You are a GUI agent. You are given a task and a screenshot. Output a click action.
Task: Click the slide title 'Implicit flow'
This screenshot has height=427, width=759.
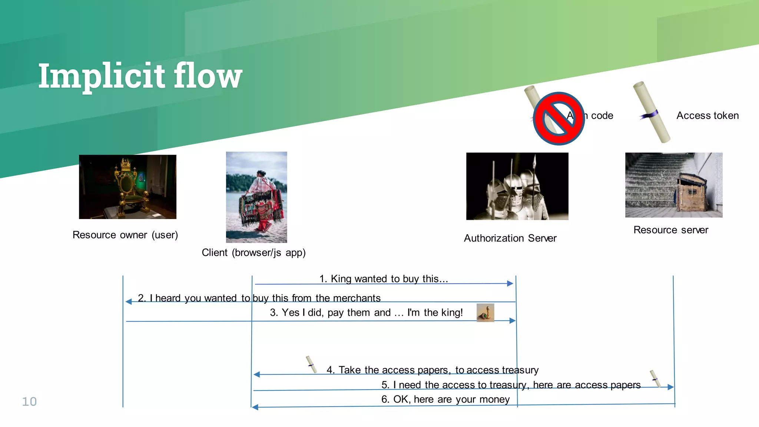pos(140,76)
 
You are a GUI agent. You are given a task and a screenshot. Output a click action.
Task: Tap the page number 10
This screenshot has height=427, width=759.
pos(29,401)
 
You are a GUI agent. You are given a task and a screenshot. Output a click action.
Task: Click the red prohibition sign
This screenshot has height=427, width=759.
pos(559,119)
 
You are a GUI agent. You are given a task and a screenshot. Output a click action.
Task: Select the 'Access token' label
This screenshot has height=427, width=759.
pos(707,116)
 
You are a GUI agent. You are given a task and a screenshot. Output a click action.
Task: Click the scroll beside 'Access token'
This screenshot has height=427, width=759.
pos(652,113)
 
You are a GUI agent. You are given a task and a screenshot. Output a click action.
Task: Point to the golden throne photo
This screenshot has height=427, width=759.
pos(127,187)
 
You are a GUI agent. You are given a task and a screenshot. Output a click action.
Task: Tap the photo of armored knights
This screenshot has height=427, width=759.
pos(517,186)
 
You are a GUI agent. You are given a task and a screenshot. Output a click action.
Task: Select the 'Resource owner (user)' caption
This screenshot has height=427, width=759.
pos(125,235)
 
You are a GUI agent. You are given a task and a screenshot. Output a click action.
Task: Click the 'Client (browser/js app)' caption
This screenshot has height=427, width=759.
pos(253,253)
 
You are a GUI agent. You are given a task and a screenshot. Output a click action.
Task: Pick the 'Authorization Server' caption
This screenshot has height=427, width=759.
pos(510,238)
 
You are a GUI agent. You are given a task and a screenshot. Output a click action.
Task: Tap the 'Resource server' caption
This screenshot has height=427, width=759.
pos(671,230)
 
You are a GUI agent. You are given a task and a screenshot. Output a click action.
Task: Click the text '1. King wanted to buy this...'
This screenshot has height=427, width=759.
pos(384,279)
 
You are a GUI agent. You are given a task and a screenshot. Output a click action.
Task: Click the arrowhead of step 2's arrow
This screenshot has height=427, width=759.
pos(129,302)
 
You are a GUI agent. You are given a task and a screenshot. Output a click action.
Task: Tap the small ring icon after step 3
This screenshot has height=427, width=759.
pos(485,313)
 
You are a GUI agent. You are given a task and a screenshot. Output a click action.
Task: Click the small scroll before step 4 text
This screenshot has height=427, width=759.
pos(311,364)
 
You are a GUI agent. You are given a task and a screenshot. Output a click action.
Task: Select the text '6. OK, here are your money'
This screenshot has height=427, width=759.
pos(445,399)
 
